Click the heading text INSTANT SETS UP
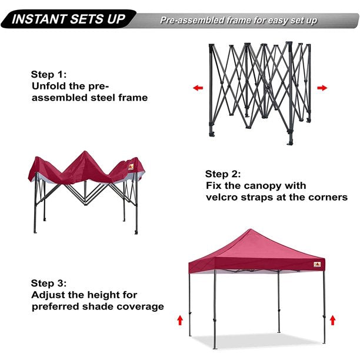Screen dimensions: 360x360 click(69, 19)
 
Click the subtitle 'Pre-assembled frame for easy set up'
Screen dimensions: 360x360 click(238, 21)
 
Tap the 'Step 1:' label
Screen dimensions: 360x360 click(49, 75)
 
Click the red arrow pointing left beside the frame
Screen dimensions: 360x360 click(198, 88)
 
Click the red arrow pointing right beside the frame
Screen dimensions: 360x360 click(322, 88)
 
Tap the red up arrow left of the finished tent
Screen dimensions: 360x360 click(180, 321)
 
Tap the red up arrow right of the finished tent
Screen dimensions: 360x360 click(333, 320)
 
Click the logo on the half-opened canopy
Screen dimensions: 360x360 click(131, 166)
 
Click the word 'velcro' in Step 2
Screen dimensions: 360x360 click(224, 197)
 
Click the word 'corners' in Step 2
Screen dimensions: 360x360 click(327, 197)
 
